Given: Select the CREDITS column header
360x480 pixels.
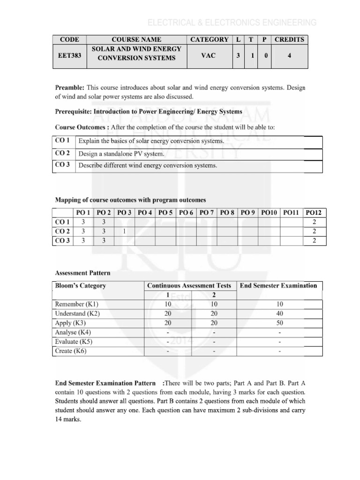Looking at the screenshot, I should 289,40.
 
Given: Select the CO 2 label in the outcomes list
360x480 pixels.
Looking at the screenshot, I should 62,153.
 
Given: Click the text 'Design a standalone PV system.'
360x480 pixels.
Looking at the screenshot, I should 121,154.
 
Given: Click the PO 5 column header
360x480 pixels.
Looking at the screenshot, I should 165,212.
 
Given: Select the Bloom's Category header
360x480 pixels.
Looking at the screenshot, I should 81,285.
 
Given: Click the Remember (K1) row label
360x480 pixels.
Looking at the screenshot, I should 77,304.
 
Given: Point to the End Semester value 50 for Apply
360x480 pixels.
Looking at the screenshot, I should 280,323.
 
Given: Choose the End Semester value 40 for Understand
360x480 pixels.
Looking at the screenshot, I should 280,314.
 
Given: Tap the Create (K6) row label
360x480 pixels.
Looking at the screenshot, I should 71,351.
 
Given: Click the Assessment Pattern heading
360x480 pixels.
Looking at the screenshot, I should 83,272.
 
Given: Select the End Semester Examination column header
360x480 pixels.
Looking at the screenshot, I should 278,285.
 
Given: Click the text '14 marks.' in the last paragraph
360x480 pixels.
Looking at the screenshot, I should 68,420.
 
